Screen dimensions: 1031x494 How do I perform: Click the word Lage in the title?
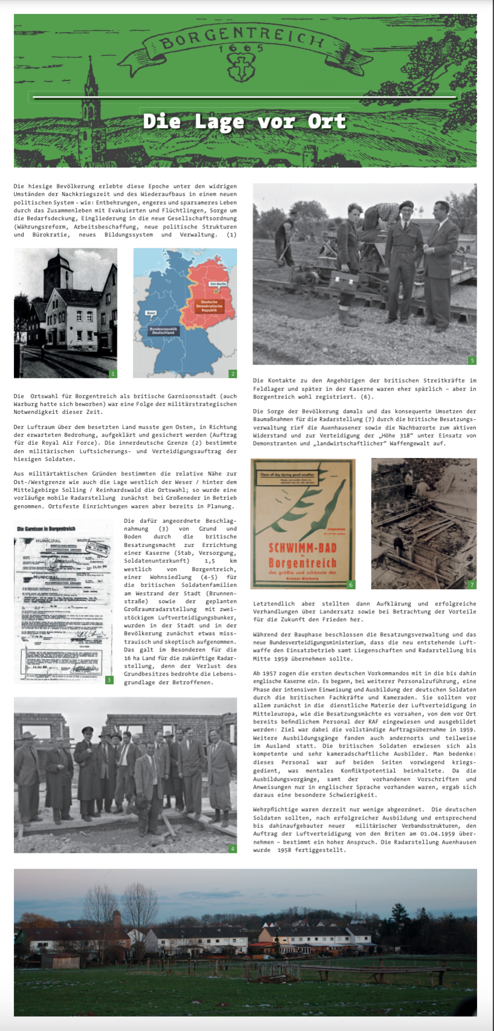point(219,121)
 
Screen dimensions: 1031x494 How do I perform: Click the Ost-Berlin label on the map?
point(217,283)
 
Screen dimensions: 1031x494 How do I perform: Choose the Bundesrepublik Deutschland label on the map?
point(162,331)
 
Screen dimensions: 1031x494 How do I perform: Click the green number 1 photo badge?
point(113,373)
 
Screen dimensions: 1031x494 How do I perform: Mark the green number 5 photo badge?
point(472,360)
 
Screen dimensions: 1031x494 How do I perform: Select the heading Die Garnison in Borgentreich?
point(47,529)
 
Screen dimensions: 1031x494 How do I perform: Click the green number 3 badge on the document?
point(109,680)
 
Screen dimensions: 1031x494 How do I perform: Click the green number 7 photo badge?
point(472,584)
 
